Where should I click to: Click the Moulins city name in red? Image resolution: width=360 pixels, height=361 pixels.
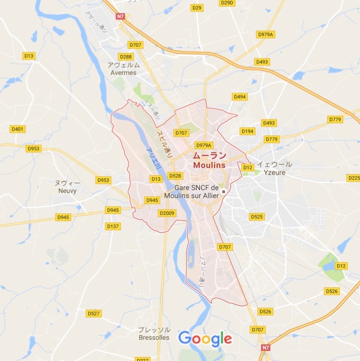coord(209,165)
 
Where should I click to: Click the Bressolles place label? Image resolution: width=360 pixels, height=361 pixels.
coord(154,337)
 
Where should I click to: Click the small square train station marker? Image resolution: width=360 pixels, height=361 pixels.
coord(223,192)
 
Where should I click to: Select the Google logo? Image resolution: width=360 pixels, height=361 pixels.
coord(205,338)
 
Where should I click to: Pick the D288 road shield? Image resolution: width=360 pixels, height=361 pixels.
coord(126,57)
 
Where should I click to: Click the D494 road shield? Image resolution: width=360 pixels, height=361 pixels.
coord(240,97)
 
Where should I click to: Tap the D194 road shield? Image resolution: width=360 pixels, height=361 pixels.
coord(247,131)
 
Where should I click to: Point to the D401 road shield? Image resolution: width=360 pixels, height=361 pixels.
coord(17,129)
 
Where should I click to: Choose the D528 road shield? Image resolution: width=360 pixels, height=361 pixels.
coord(175,176)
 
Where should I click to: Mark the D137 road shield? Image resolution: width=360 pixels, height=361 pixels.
coord(113,226)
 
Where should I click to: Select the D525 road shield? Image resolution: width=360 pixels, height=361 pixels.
coord(257,216)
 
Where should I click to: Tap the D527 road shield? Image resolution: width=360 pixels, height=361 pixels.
coord(94,313)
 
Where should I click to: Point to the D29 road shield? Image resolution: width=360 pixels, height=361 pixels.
coord(197,8)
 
